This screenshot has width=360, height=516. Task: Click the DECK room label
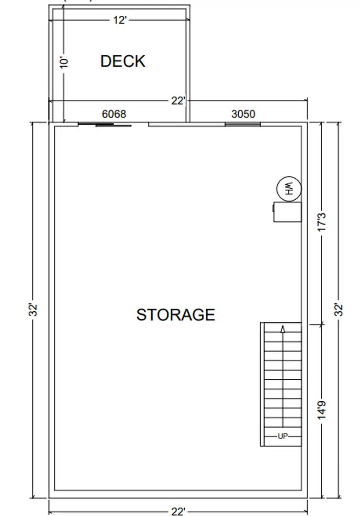[x=123, y=61]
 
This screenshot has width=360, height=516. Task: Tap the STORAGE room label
[x=176, y=314]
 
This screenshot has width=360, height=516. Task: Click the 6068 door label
[x=114, y=114]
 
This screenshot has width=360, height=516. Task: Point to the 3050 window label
[x=243, y=114]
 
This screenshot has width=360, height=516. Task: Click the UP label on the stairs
[x=283, y=436]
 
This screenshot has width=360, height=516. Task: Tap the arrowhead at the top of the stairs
[x=283, y=329]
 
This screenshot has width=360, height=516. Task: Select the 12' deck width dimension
[x=120, y=20]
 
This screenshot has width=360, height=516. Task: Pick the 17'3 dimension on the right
[x=322, y=222]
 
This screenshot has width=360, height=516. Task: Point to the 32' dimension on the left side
[x=33, y=310]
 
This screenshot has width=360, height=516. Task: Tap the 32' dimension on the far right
[x=339, y=310]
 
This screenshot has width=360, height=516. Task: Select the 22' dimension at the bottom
[x=178, y=512]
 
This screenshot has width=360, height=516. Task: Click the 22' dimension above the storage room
[x=178, y=101]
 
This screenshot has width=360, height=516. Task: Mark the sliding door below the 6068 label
[x=105, y=125]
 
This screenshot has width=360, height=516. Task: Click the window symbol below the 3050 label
[x=243, y=125]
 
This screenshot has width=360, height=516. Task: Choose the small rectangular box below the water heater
[x=287, y=212]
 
